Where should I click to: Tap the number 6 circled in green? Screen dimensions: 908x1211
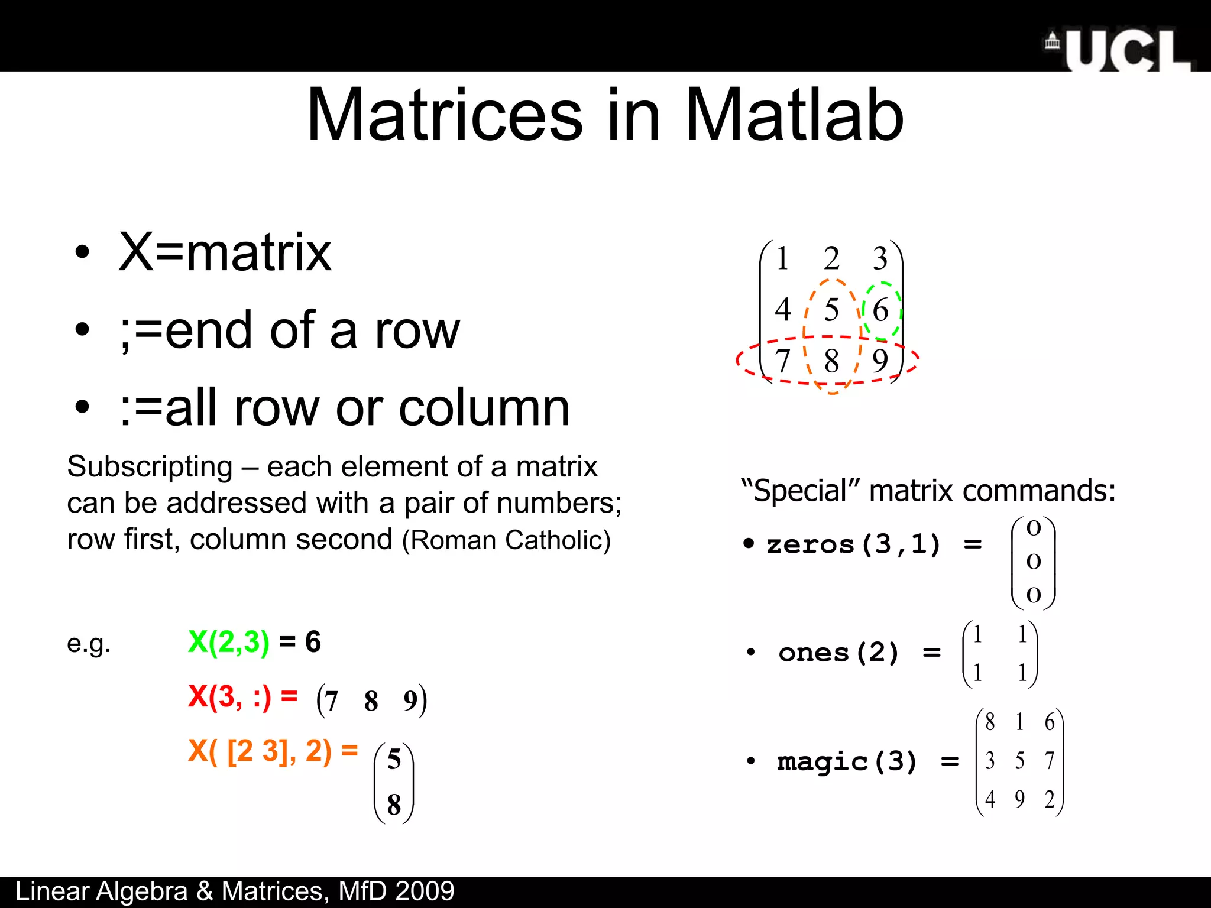(880, 310)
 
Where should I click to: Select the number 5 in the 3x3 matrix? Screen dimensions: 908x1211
(831, 309)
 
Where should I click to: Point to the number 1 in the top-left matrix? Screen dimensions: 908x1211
(782, 258)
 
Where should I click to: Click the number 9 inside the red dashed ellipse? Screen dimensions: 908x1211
(880, 360)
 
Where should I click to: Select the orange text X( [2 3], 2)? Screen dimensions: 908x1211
(260, 751)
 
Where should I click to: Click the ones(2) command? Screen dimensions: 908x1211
(838, 653)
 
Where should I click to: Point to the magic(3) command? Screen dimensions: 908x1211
(847, 761)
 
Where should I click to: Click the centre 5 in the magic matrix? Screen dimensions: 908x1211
(1019, 761)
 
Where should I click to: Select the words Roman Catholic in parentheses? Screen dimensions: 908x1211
(506, 540)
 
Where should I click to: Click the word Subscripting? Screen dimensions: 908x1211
(150, 466)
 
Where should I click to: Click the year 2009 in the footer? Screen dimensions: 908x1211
(425, 891)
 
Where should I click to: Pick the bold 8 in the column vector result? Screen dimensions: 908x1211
(394, 805)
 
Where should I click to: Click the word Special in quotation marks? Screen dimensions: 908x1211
(801, 491)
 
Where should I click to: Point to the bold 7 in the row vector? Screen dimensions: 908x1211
(331, 701)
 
